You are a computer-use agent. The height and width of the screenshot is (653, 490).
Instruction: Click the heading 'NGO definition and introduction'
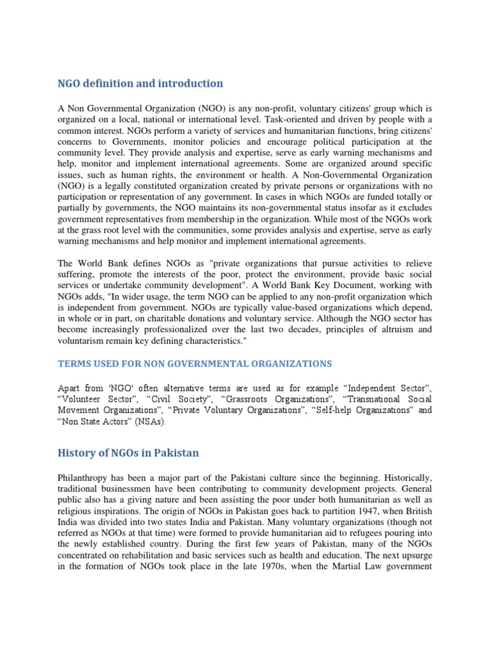[140, 84]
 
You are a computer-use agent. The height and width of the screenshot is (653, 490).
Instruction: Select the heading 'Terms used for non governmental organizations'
[195, 363]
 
